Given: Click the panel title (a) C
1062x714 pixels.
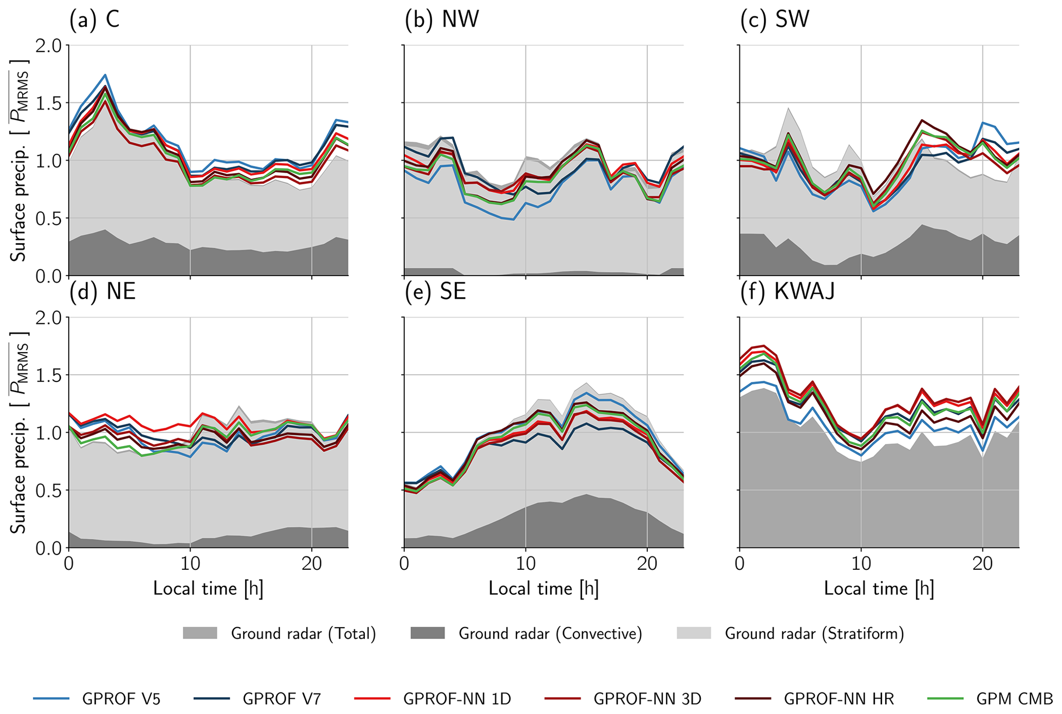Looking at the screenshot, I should pos(95,20).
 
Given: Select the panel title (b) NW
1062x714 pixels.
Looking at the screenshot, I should pos(442,20).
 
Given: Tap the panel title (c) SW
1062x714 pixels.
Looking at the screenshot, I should pos(775,20).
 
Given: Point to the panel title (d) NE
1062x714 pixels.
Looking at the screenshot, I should pos(103,292).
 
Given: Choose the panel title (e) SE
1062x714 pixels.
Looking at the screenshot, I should pos(435,292).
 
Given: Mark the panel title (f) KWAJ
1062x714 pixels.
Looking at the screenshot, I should pos(787,292).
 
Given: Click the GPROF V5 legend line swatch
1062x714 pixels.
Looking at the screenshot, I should pos(51,699).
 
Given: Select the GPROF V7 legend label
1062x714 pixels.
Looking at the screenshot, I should pos(282,699).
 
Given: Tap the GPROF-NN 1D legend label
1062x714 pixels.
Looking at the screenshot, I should pos(457,699).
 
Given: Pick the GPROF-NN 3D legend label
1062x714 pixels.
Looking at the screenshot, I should pos(647,699).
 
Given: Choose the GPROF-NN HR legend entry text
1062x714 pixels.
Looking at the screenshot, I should pos(839,699).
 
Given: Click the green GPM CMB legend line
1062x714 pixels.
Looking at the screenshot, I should pos(946,699).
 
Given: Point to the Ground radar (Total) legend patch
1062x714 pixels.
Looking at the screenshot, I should pos(200,633).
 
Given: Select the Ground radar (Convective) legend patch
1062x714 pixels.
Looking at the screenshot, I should pos(427,633).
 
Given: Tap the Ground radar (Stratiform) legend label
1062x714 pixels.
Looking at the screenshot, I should pos(814,633).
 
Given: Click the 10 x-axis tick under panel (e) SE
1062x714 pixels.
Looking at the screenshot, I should pos(525,564).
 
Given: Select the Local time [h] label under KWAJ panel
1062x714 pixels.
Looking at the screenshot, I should pos(879,588).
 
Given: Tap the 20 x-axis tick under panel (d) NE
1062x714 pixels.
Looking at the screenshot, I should pos(311,564).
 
